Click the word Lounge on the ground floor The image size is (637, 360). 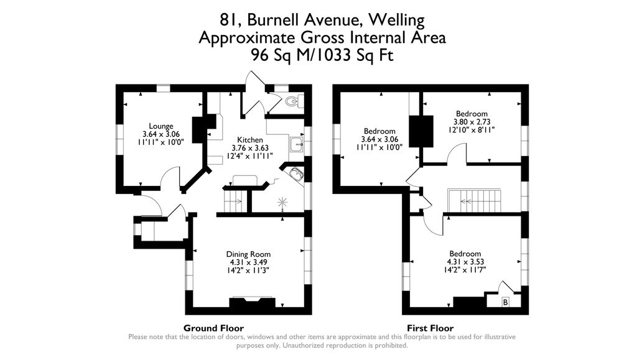[x=161, y=126]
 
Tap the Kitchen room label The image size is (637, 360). [x=249, y=139]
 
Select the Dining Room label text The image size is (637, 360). [x=248, y=254]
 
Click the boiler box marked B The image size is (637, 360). [x=505, y=302]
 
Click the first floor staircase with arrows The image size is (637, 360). [x=474, y=201]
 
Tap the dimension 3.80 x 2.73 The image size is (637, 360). [x=471, y=122]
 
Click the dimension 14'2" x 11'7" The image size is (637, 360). [x=465, y=270]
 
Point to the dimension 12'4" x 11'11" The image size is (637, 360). [x=249, y=156]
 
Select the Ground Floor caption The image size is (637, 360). [x=213, y=328]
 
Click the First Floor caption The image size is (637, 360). [x=430, y=328]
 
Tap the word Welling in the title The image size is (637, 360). [x=396, y=20]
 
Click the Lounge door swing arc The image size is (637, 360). [x=170, y=180]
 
